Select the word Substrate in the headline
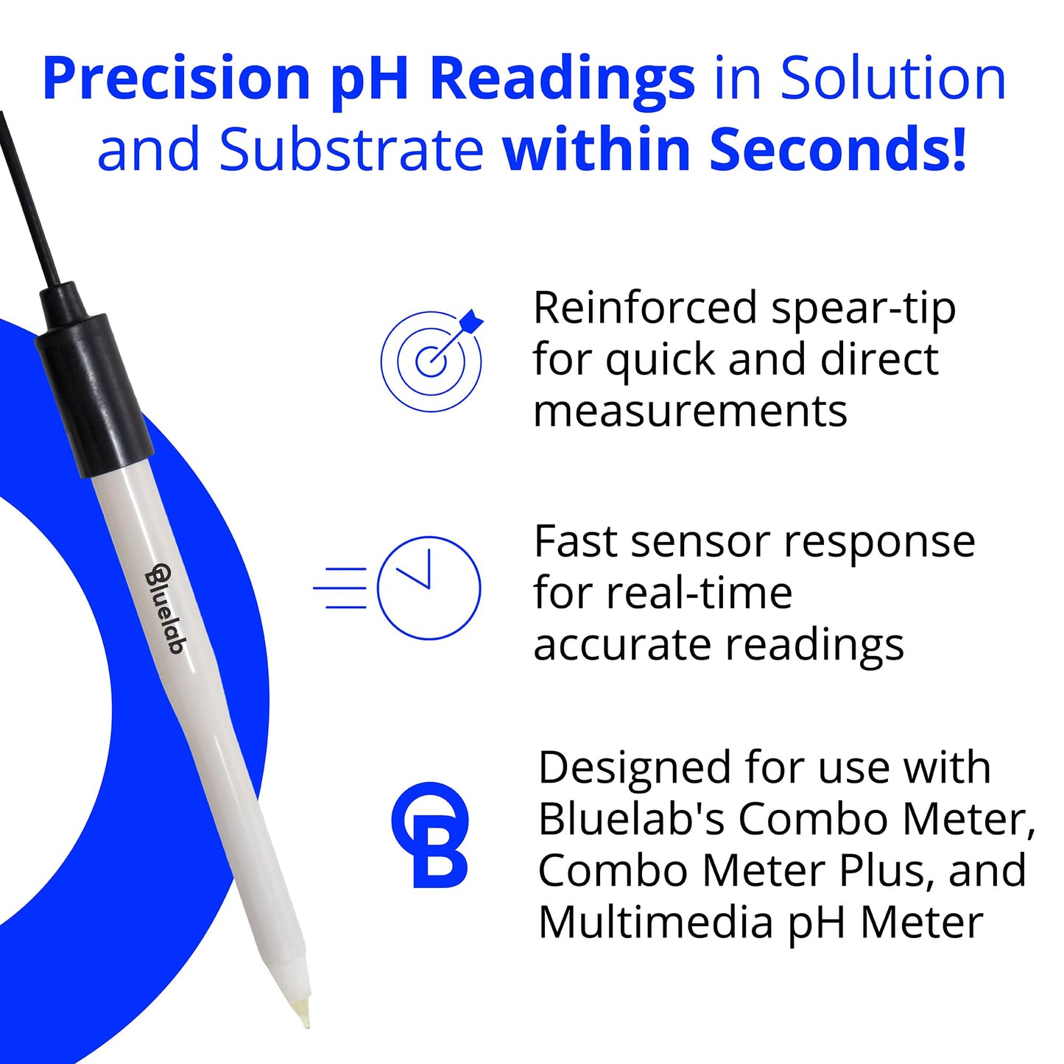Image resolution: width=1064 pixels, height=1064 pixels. click(351, 149)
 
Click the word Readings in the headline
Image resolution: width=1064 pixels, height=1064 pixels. click(562, 80)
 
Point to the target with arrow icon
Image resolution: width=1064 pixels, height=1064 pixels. click(432, 360)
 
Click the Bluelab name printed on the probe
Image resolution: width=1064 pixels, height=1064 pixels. click(166, 608)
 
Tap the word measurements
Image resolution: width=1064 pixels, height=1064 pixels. click(690, 412)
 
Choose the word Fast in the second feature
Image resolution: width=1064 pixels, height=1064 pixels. click(575, 543)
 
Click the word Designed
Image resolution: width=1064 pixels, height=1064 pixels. click(634, 768)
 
